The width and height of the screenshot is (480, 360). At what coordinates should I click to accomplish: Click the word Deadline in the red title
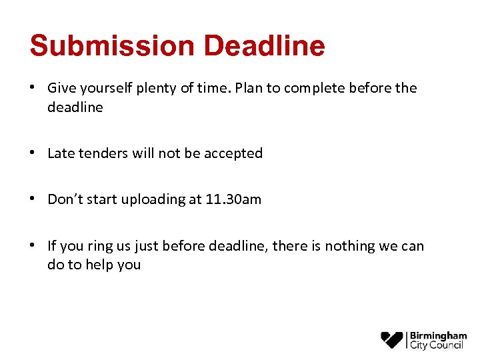coord(265,46)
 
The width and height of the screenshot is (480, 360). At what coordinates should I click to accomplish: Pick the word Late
coord(61,153)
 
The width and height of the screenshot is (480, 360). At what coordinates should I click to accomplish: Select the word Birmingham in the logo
coord(438,335)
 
